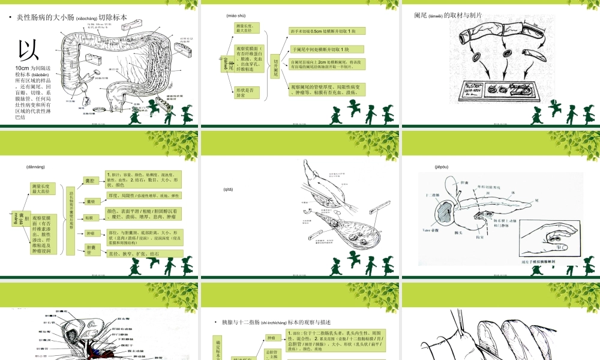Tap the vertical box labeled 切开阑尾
276,63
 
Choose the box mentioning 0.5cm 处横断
326,31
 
